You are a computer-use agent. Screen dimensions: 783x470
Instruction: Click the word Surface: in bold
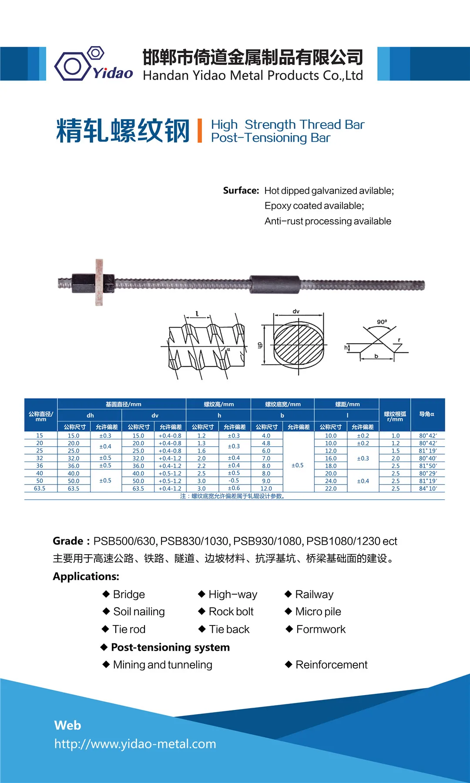point(241,191)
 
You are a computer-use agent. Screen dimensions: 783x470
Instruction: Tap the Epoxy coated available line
point(314,206)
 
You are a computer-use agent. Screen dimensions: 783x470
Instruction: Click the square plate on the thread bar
point(99,282)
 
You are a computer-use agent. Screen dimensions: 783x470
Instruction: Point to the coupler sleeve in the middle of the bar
point(275,284)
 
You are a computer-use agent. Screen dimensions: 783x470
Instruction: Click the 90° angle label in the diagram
point(382,322)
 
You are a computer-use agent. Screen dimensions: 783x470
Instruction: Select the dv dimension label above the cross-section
point(296,311)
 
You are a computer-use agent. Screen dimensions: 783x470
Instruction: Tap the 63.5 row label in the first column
point(40,489)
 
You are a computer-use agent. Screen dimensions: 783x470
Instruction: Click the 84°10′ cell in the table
point(428,489)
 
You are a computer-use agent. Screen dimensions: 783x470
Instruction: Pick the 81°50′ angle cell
point(428,466)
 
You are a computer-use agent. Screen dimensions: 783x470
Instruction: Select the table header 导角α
point(426,414)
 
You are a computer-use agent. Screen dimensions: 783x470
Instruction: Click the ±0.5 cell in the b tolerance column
point(298,465)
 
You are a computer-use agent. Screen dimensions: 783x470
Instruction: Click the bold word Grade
point(68,541)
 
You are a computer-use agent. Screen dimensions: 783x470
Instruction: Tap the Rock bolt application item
point(231,612)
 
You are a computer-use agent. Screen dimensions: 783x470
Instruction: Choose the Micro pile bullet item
point(318,612)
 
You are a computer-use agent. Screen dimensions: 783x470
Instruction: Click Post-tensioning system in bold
point(170,647)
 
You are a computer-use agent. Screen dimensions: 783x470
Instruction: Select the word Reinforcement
point(331,665)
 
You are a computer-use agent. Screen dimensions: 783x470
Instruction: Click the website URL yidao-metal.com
point(135,744)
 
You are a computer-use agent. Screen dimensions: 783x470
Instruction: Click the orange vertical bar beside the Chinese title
point(200,130)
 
